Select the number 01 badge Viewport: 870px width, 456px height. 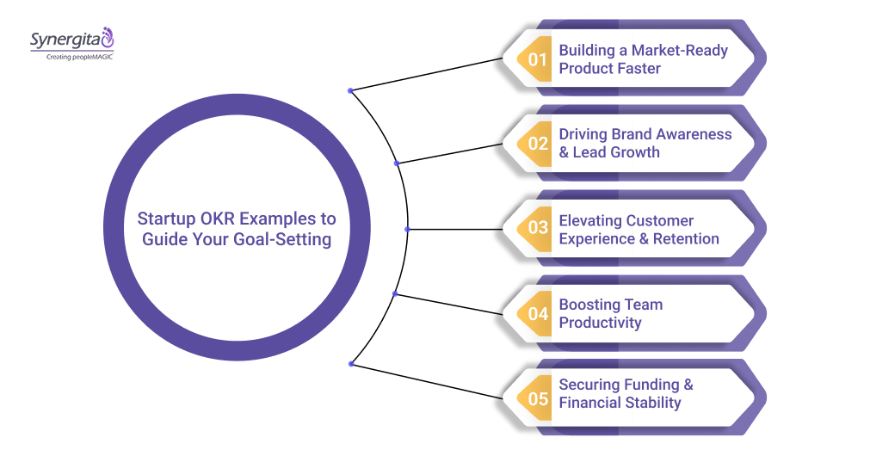click(538, 59)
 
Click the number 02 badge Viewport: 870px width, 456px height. click(538, 144)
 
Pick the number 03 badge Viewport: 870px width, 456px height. click(538, 229)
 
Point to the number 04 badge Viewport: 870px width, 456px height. click(538, 314)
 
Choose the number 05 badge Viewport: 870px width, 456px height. click(538, 398)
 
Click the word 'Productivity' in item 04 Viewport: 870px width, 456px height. click(600, 323)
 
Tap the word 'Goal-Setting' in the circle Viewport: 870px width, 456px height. click(282, 240)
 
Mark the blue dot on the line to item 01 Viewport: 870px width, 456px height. click(350, 90)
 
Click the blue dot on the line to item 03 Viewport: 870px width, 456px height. click(407, 229)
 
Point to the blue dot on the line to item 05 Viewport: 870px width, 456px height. click(350, 364)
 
